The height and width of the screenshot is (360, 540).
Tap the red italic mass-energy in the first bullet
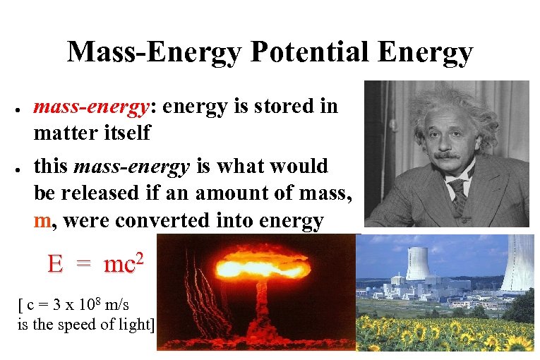coord(100,107)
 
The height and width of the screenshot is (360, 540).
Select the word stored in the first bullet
coord(285,107)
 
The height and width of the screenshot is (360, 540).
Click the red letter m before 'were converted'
coord(42,221)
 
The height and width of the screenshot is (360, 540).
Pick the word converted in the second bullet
coord(162,221)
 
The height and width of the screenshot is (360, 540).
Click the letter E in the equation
coord(55,265)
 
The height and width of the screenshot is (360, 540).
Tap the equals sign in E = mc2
coord(83,265)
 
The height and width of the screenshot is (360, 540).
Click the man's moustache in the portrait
coord(447,155)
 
